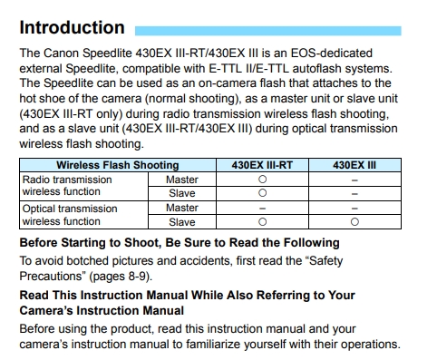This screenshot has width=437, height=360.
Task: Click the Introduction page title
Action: (72, 27)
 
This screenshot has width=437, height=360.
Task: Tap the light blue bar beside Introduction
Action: (268, 31)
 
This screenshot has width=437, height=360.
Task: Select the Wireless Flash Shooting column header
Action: (118, 165)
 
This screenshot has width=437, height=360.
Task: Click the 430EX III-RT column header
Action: (262, 165)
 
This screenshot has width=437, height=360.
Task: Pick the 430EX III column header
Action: (354, 165)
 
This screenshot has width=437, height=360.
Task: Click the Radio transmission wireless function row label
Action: (67, 186)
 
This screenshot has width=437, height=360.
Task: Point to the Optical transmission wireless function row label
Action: (70, 215)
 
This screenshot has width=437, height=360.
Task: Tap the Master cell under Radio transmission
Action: (182, 180)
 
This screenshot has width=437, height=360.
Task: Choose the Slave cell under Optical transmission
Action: (182, 222)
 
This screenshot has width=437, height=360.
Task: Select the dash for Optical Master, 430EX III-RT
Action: (263, 209)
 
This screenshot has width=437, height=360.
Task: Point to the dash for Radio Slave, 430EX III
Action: (354, 194)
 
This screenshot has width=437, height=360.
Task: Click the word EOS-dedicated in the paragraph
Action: (332, 54)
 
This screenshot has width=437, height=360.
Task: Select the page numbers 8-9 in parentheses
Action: (137, 277)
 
